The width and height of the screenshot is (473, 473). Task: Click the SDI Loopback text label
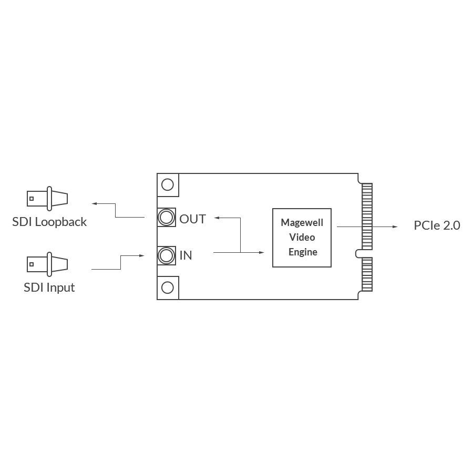pyautogui.click(x=49, y=222)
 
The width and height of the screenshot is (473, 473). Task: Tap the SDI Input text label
pyautogui.click(x=49, y=287)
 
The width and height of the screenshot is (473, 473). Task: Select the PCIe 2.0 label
pyautogui.click(x=437, y=225)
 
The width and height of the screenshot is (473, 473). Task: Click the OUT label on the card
pyautogui.click(x=193, y=219)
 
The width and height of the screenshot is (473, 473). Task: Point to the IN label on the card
pyautogui.click(x=186, y=255)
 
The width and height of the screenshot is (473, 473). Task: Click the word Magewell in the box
pyautogui.click(x=302, y=222)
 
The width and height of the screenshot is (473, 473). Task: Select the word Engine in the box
pyautogui.click(x=303, y=252)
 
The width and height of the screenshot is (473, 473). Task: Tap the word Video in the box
pyautogui.click(x=302, y=237)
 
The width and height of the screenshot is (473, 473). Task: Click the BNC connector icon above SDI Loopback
pyautogui.click(x=47, y=199)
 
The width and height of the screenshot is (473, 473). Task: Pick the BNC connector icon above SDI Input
pyautogui.click(x=47, y=264)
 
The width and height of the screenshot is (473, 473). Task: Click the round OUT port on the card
pyautogui.click(x=167, y=217)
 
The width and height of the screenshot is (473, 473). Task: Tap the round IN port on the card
pyautogui.click(x=167, y=255)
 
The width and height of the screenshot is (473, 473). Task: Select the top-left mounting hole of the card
pyautogui.click(x=168, y=184)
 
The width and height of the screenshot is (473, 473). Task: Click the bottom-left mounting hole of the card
pyautogui.click(x=168, y=287)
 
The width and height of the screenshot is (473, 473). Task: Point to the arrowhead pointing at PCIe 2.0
pyautogui.click(x=395, y=227)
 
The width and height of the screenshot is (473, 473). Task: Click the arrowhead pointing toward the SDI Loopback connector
pyautogui.click(x=94, y=203)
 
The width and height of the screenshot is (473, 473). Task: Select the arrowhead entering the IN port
pyautogui.click(x=141, y=256)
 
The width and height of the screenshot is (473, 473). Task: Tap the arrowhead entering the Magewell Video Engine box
pyautogui.click(x=262, y=253)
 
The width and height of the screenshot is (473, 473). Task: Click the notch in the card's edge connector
pyautogui.click(x=359, y=253)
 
